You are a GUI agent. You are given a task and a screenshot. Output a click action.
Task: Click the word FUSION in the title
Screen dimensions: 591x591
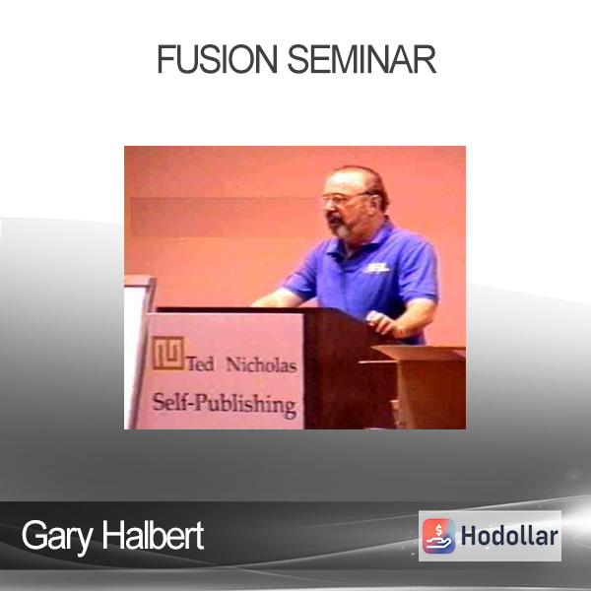click(x=217, y=59)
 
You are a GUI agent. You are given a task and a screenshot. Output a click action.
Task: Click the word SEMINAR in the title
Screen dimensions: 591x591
click(x=361, y=59)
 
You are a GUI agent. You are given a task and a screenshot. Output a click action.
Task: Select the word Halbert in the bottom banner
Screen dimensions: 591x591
click(x=153, y=535)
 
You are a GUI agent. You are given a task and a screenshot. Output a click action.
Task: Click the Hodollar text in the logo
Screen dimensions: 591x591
click(x=509, y=536)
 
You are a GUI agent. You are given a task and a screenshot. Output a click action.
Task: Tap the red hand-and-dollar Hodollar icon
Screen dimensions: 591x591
click(x=438, y=536)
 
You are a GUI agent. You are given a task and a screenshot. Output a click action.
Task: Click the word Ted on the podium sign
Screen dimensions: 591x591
click(x=201, y=364)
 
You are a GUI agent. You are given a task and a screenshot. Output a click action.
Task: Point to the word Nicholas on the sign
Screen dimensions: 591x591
click(x=261, y=364)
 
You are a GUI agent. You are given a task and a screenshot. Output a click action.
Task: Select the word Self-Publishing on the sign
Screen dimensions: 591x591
click(x=224, y=405)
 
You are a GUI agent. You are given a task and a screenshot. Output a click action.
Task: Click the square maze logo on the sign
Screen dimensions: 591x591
click(x=168, y=353)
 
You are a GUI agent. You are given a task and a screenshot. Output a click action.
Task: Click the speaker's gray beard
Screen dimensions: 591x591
click(x=339, y=226)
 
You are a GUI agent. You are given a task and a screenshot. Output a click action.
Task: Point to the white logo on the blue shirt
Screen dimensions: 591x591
click(x=376, y=268)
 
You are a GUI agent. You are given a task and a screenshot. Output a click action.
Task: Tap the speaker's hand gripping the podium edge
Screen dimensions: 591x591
click(x=380, y=323)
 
